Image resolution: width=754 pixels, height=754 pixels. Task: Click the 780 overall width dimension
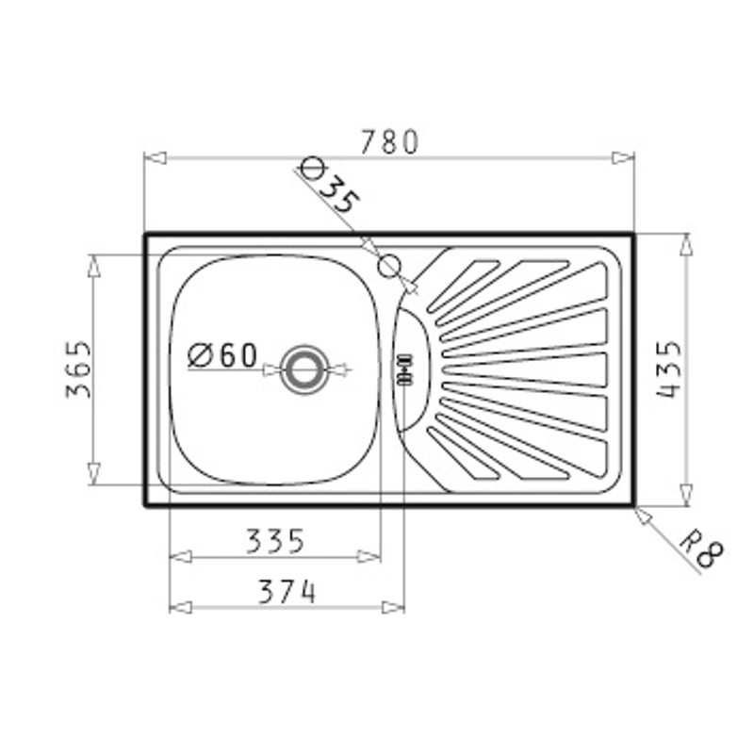(389, 142)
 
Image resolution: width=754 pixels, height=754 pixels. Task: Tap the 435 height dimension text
(669, 369)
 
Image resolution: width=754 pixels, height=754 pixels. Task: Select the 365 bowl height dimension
(78, 369)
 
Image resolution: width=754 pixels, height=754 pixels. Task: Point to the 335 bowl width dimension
(275, 540)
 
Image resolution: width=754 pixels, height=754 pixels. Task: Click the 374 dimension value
(287, 592)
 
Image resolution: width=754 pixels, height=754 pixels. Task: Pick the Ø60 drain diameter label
(222, 356)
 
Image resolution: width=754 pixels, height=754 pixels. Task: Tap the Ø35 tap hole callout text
(329, 185)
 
